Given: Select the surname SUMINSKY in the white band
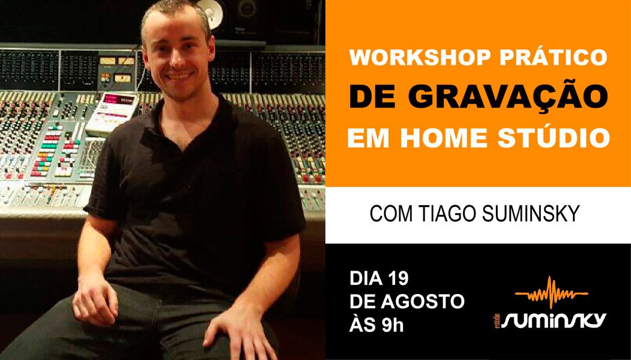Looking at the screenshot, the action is pyautogui.click(x=531, y=214).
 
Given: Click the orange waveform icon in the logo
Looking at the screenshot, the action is pyautogui.click(x=552, y=292).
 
